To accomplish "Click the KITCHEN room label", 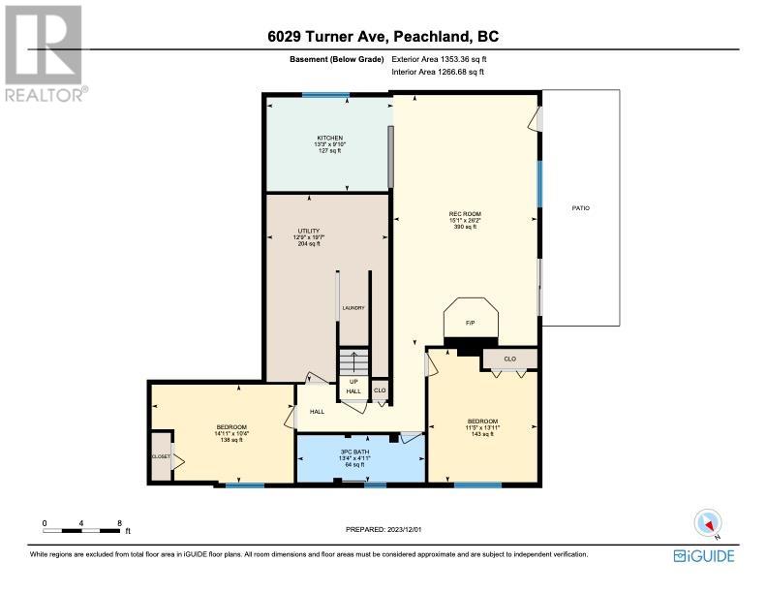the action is click(x=330, y=138).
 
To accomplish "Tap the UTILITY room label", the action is click(x=309, y=231).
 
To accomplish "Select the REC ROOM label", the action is click(x=465, y=214).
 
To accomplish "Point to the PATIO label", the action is click(x=581, y=208).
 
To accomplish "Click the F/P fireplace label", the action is click(x=470, y=323).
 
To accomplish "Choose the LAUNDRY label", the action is click(x=353, y=308).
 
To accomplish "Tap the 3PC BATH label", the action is click(x=354, y=452).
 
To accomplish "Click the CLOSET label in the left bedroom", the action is click(x=161, y=456).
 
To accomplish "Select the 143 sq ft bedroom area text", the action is click(x=482, y=434).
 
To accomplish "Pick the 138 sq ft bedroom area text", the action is click(x=231, y=440).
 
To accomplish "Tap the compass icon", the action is click(x=708, y=523).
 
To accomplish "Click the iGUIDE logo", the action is click(x=704, y=556).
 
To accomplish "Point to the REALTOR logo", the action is click(x=46, y=53).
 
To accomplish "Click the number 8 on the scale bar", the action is click(x=119, y=523).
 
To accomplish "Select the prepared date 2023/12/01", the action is click(x=404, y=529).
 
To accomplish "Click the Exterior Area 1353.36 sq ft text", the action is click(x=439, y=59).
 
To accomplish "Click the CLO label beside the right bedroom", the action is click(x=509, y=359).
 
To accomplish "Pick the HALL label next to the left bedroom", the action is click(x=317, y=412).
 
